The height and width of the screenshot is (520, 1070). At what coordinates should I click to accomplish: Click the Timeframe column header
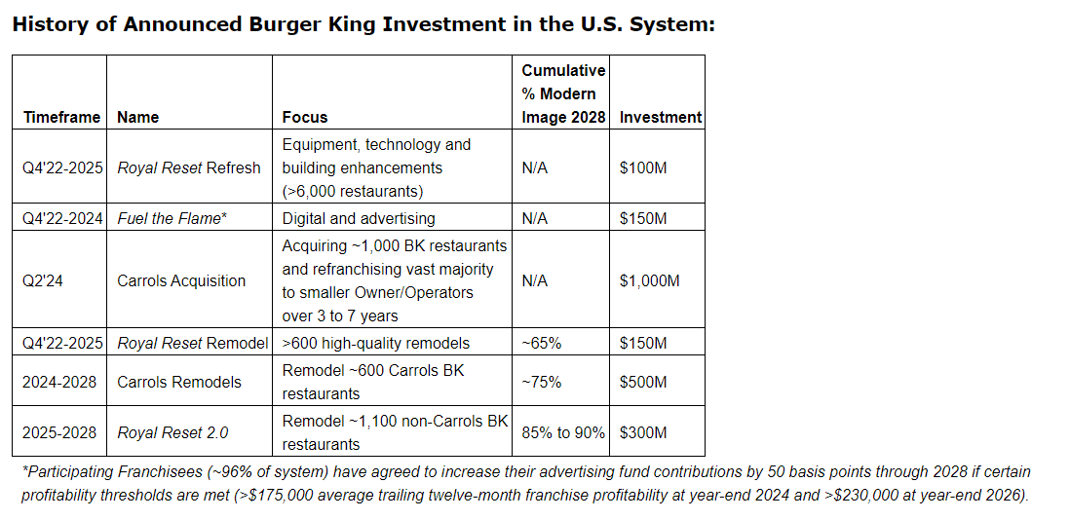61,117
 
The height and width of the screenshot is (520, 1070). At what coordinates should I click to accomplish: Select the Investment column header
661,117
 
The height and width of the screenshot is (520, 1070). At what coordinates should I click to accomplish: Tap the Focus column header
305,117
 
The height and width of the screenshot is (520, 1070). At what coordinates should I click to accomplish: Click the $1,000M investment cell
650,280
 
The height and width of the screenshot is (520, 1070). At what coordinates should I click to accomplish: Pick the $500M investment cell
643,382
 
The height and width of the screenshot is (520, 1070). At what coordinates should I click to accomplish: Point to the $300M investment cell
643,432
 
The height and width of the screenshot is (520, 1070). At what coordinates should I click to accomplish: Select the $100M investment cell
643,167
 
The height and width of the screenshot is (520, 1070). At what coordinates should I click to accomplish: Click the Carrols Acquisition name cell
181,280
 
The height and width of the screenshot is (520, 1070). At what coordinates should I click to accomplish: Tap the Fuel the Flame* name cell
172,218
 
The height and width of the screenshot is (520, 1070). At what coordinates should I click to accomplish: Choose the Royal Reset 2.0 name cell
173,432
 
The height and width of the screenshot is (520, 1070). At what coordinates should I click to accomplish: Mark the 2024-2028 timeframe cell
59,382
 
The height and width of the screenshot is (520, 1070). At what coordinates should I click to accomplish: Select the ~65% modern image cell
542,343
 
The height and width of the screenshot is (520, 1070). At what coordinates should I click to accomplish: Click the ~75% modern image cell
542,382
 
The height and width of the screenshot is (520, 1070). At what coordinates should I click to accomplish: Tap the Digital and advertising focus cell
359,218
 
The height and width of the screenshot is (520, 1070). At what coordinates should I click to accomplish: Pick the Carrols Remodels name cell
179,382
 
